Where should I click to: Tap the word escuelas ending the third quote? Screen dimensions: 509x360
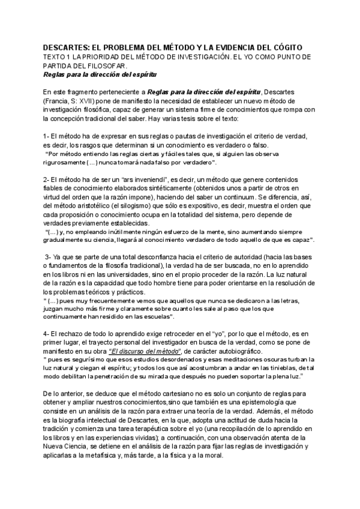point(156,316)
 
